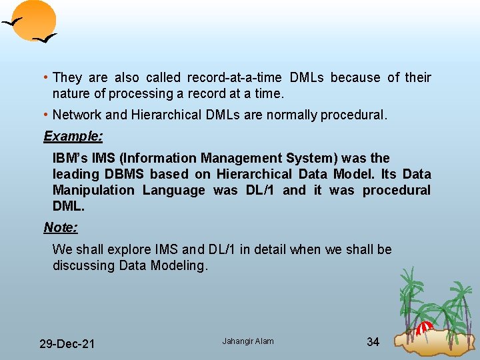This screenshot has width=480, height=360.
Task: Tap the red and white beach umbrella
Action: pyautogui.click(x=425, y=327)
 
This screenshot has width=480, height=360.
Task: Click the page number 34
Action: pyautogui.click(x=373, y=342)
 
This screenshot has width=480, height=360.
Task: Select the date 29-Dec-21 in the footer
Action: pyautogui.click(x=67, y=344)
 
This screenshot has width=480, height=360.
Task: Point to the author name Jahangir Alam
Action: pyautogui.click(x=248, y=341)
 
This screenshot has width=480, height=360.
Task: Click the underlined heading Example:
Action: pyautogui.click(x=73, y=136)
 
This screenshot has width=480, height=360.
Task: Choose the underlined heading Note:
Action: pyautogui.click(x=61, y=227)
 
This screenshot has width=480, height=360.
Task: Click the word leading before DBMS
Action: pyautogui.click(x=75, y=174)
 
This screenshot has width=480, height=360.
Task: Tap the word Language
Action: pyautogui.click(x=174, y=190)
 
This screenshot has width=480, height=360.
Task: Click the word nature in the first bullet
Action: pyautogui.click(x=71, y=93)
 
